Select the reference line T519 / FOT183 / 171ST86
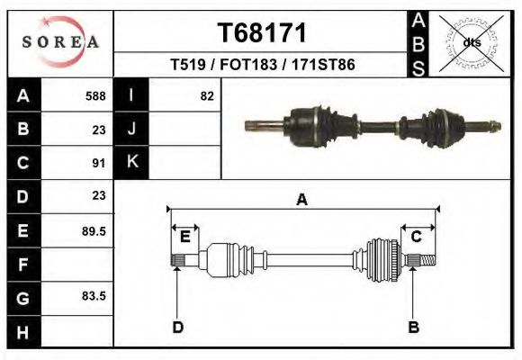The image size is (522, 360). [x=262, y=66]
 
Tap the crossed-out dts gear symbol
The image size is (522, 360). [x=471, y=42]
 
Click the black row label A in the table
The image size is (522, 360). [x=22, y=95]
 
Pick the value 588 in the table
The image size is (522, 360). [x=95, y=95]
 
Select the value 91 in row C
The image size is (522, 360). [x=99, y=163]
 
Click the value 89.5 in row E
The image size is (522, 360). [x=94, y=231]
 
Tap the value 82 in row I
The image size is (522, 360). [x=207, y=95]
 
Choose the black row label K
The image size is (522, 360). [x=132, y=163]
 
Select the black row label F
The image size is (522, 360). [x=22, y=265]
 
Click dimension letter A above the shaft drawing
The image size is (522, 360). [x=301, y=200]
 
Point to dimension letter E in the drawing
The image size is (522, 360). [x=184, y=237]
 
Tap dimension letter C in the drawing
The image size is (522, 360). [x=417, y=237]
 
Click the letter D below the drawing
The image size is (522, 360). [x=177, y=327]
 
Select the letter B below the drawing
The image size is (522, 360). [x=413, y=327]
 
